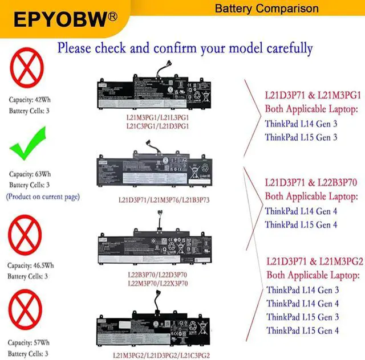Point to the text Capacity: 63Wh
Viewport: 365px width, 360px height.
[x=30, y=173]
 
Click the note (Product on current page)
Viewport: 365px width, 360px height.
[x=43, y=197]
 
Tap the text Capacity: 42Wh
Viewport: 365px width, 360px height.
[x=30, y=100]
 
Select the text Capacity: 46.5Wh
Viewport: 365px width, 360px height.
[x=32, y=265]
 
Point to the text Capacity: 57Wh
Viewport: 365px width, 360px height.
[x=30, y=343]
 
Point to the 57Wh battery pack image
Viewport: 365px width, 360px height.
[x=155, y=330]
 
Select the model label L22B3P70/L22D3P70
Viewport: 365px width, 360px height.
[x=157, y=275]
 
